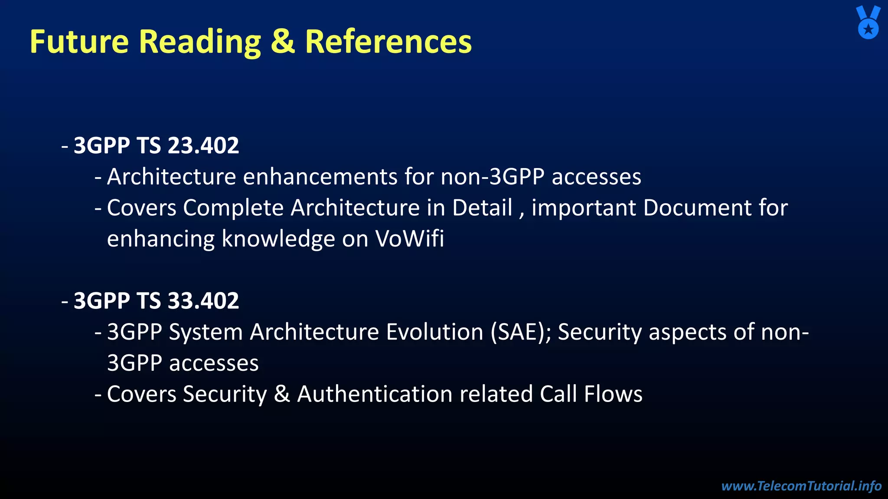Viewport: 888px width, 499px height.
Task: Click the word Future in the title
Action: pyautogui.click(x=79, y=42)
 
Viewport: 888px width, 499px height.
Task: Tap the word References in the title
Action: pyautogui.click(x=388, y=42)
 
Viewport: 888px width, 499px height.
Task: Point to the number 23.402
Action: pyautogui.click(x=203, y=146)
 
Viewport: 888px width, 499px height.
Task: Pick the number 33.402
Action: pyautogui.click(x=203, y=301)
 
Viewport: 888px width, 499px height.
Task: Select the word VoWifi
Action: pyautogui.click(x=409, y=239)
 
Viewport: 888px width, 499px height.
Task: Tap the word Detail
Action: pyautogui.click(x=482, y=208)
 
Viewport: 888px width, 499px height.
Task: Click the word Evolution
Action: pyautogui.click(x=434, y=332)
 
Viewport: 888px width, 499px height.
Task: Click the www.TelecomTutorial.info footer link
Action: pyautogui.click(x=801, y=486)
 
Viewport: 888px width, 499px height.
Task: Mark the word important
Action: pyautogui.click(x=584, y=208)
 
